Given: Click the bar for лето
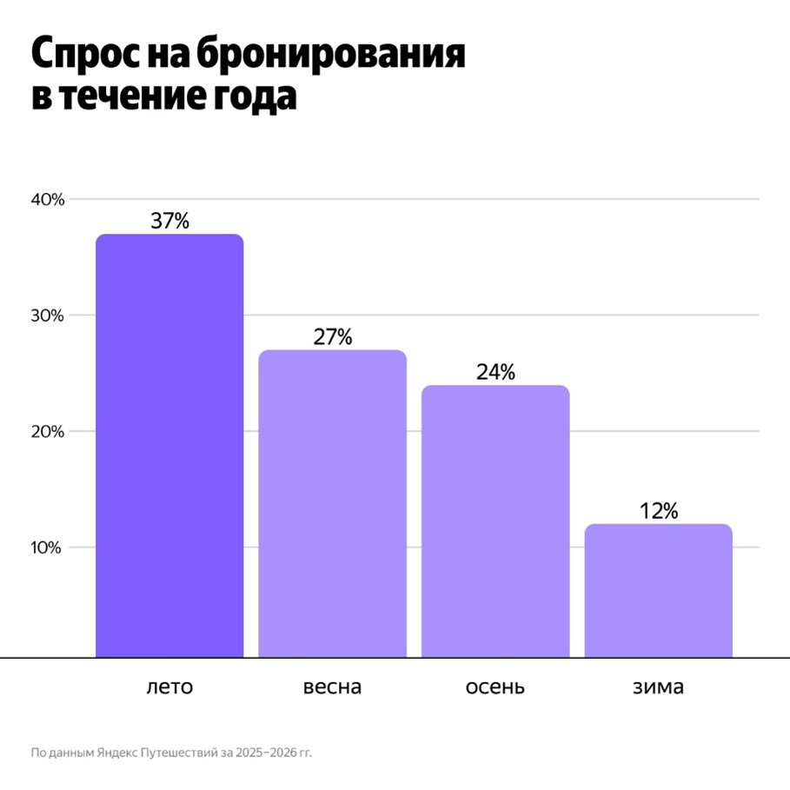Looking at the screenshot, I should point(169,445).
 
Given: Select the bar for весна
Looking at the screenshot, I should point(333,503).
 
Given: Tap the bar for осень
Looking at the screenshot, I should point(495,521).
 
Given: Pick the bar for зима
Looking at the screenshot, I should point(658,590).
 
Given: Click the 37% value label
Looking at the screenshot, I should point(169,221).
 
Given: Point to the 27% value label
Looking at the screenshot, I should point(333,337).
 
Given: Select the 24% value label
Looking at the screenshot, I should point(495,372).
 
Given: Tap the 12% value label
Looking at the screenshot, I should point(658,511).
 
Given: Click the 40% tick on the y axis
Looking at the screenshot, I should point(48,200).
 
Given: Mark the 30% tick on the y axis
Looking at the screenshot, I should point(48,315).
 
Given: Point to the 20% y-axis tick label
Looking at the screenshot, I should point(48,432).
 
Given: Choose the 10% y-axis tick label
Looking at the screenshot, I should point(48,548).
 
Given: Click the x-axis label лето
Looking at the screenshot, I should point(169,687).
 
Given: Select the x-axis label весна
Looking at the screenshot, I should point(333,687).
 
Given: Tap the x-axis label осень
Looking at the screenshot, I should point(495,687).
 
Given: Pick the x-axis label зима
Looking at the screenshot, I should point(658,687).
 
